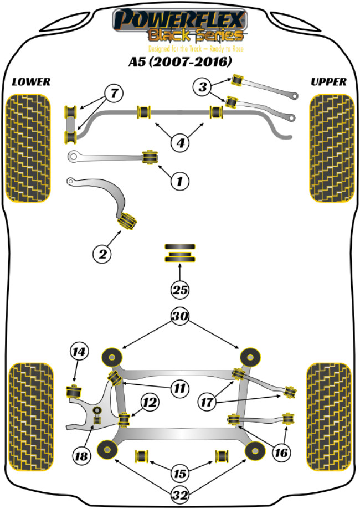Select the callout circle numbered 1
coord(180,180)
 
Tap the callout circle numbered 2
coord(102,254)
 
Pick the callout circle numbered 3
coord(202,87)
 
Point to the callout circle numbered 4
coord(180,142)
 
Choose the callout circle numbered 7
coord(113,94)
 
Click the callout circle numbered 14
coord(79,351)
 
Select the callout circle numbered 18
coord(82,456)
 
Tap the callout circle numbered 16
coord(281,453)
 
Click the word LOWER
coord(31,82)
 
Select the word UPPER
coord(328,82)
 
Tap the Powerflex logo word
coord(178,21)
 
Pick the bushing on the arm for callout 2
coord(128,220)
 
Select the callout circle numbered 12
coord(148,402)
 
